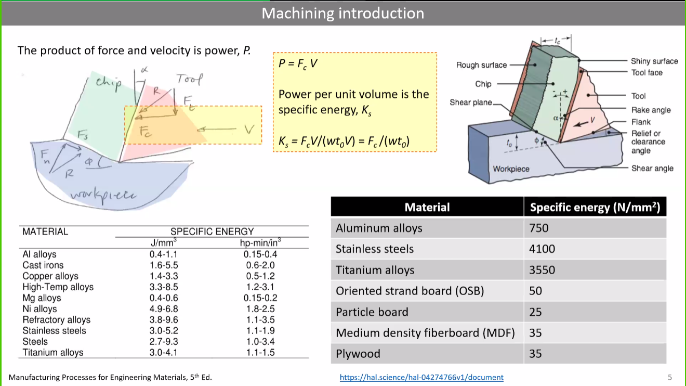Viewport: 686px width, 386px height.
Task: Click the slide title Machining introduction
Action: [342, 13]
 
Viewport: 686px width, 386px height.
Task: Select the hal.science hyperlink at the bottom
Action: [421, 377]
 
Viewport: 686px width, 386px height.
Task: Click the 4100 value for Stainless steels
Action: [542, 249]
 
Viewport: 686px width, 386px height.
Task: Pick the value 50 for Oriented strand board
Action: [535, 291]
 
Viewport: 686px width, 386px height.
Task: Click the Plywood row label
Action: [358, 354]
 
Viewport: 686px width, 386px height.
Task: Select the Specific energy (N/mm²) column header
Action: [595, 208]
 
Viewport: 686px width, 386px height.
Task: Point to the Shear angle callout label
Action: [652, 168]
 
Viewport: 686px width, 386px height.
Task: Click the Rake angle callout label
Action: [651, 110]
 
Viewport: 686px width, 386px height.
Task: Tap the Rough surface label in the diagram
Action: [481, 65]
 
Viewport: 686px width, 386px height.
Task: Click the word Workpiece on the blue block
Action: [511, 169]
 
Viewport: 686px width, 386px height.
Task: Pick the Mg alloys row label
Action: [42, 298]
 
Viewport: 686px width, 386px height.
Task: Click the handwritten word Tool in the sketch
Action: [189, 79]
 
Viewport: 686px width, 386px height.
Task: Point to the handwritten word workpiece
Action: [104, 195]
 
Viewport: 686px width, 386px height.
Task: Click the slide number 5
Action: [670, 377]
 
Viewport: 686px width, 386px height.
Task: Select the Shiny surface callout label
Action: [654, 61]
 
